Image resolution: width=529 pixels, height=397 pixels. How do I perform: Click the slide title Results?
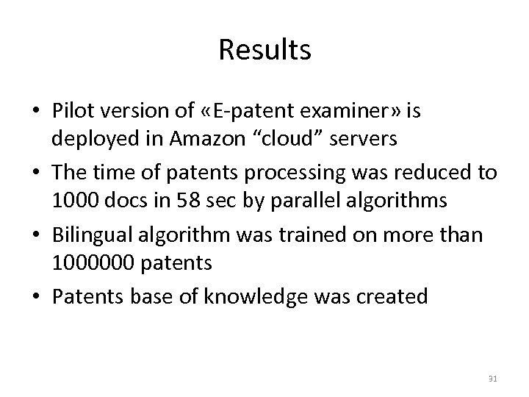pos(264,50)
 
